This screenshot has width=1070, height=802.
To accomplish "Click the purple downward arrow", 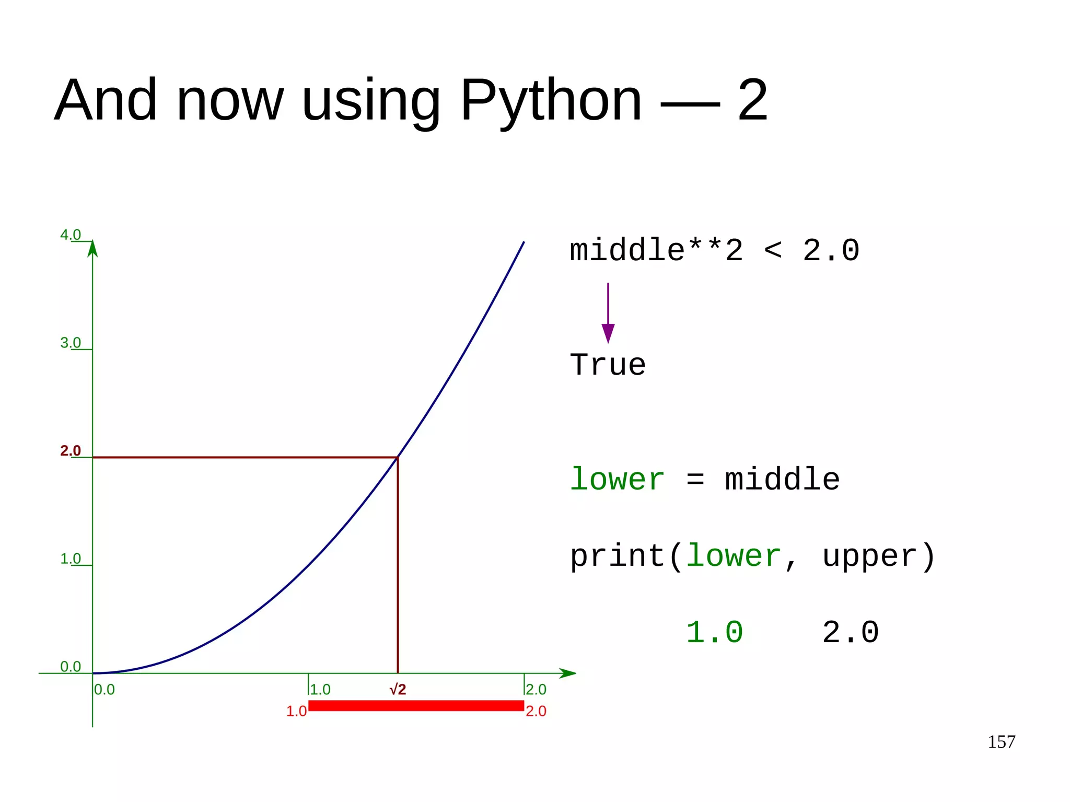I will pyautogui.click(x=608, y=313).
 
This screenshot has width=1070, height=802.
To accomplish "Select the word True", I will pyautogui.click(x=608, y=365).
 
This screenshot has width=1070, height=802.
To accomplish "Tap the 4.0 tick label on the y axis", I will pyautogui.click(x=71, y=235).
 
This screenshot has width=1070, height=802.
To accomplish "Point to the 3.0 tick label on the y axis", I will pyautogui.click(x=71, y=343).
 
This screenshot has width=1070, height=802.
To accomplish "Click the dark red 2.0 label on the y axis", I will pyautogui.click(x=71, y=450).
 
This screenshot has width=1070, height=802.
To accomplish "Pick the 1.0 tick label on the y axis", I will pyautogui.click(x=71, y=559).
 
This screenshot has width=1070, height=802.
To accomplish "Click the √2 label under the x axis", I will pyautogui.click(x=398, y=690).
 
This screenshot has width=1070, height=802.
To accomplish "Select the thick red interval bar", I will pyautogui.click(x=416, y=706).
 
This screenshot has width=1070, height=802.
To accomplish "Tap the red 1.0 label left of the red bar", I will pyautogui.click(x=296, y=711).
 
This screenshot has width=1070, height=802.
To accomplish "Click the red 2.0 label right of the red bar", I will pyautogui.click(x=536, y=711).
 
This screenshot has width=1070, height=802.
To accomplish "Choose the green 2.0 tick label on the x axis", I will pyautogui.click(x=536, y=690).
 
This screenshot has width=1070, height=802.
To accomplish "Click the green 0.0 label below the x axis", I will pyautogui.click(x=104, y=690).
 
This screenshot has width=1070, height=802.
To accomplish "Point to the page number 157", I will pyautogui.click(x=1001, y=742).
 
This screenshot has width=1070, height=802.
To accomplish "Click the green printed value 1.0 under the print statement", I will pyautogui.click(x=714, y=632).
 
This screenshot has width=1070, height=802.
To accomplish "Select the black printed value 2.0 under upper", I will pyautogui.click(x=851, y=632).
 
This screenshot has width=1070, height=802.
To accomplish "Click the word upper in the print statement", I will pyautogui.click(x=870, y=556).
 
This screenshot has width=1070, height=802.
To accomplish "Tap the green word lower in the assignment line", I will pyautogui.click(x=617, y=479).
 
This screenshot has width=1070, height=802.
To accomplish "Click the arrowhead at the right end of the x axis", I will pyautogui.click(x=568, y=673).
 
